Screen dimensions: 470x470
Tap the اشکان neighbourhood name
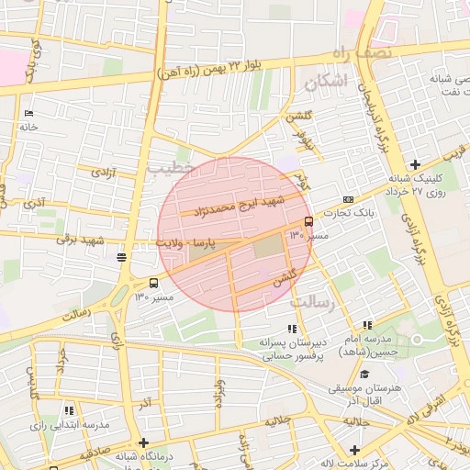(x=324, y=83)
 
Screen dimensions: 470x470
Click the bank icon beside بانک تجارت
(x=348, y=199)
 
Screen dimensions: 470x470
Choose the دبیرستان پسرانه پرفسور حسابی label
(x=292, y=348)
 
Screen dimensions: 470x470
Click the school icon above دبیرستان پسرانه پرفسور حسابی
(x=292, y=329)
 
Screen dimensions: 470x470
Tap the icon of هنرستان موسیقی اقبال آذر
(x=365, y=374)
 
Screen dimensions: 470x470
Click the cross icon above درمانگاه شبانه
(x=143, y=442)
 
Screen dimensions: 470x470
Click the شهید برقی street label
(x=81, y=241)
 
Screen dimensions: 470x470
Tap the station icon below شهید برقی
(x=122, y=257)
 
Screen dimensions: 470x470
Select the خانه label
(x=28, y=128)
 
